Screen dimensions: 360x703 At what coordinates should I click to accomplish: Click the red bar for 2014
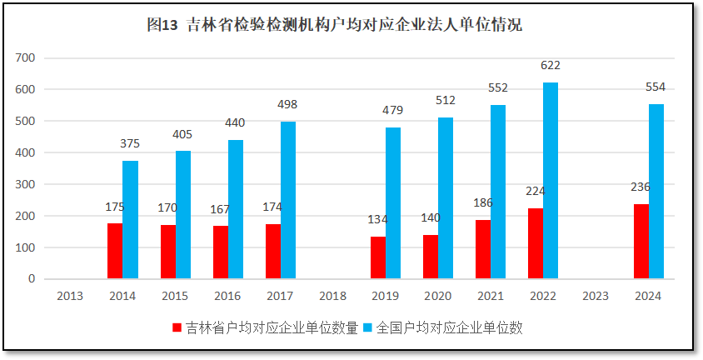click(x=115, y=251)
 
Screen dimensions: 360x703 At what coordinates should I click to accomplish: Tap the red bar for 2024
click(x=641, y=242)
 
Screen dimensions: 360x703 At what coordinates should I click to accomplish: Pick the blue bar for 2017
click(x=288, y=200)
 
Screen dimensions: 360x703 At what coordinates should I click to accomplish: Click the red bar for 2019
click(x=378, y=257)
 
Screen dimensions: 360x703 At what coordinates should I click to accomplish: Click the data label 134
click(x=378, y=220)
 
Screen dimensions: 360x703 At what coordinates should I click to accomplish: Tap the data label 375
click(x=130, y=143)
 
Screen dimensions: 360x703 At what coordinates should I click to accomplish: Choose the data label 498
click(x=287, y=104)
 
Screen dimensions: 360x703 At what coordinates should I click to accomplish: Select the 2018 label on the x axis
click(x=332, y=296)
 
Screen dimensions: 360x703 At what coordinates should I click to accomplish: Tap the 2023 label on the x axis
click(x=596, y=296)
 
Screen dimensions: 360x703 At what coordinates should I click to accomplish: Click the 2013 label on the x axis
click(x=69, y=296)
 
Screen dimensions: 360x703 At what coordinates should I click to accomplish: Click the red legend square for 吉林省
click(x=177, y=328)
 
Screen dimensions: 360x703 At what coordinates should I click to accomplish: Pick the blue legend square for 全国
click(x=369, y=328)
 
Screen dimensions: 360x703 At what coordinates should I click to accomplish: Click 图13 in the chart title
click(x=162, y=25)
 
